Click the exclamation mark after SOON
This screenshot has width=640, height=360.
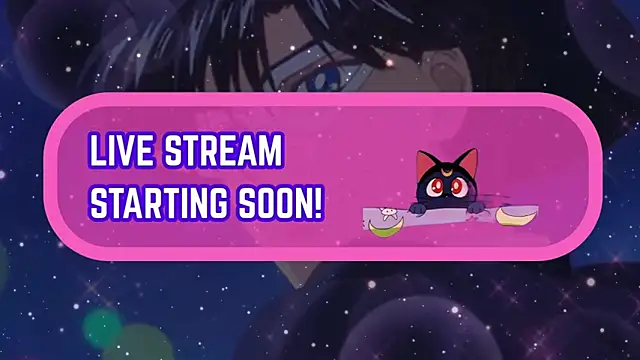pos(319,202)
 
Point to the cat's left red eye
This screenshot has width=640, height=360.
pos(436,187)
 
